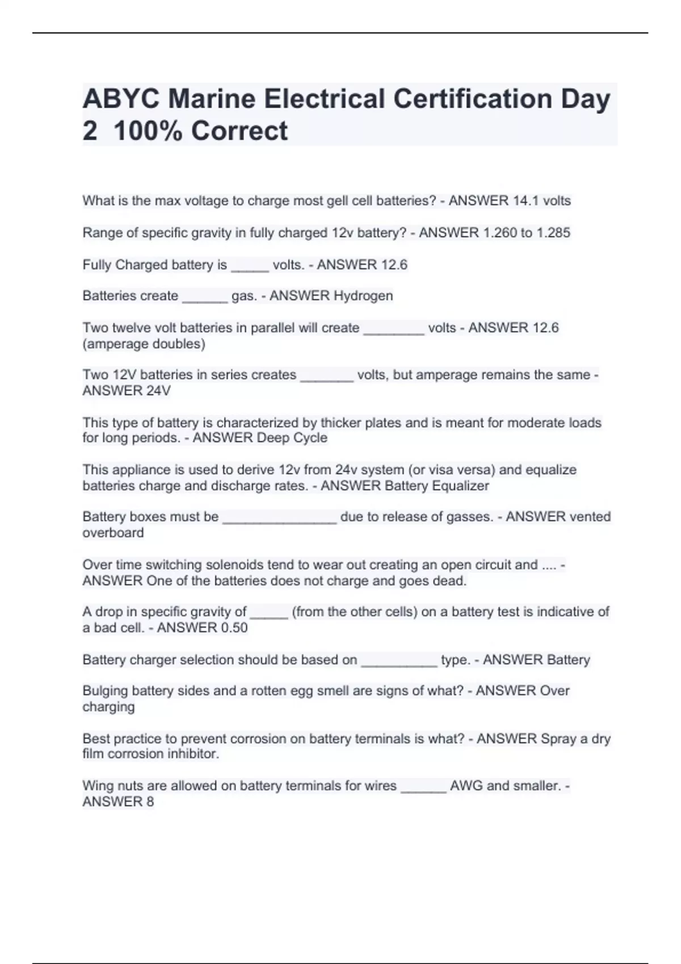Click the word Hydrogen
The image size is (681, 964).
(x=363, y=296)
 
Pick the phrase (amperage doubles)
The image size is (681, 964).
(x=144, y=344)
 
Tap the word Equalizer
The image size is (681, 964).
(x=460, y=486)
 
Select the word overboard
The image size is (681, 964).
(x=113, y=533)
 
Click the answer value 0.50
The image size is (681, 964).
(x=229, y=628)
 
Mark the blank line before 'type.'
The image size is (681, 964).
(x=399, y=661)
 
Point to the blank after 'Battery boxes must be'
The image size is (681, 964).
(x=279, y=518)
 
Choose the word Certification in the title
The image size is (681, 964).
(x=473, y=99)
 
